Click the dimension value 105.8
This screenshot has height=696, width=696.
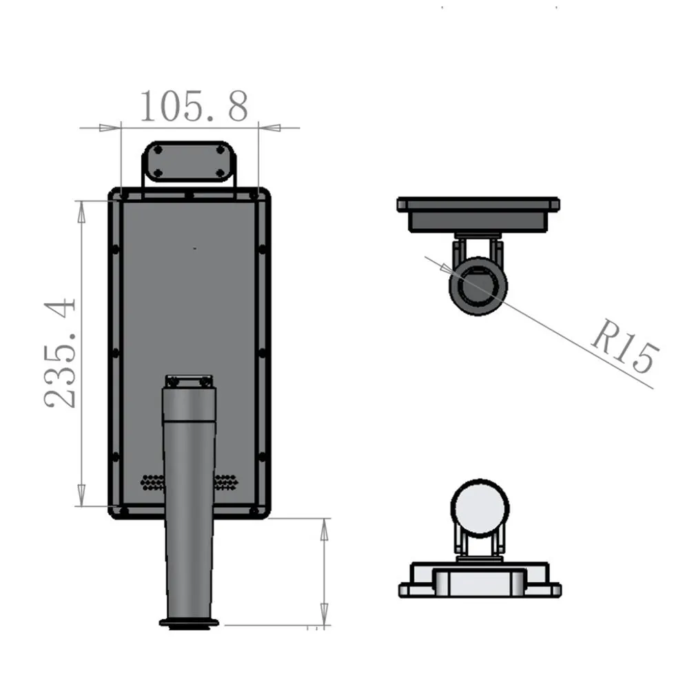pyautogui.click(x=194, y=107)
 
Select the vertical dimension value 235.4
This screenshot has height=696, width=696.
pyautogui.click(x=61, y=352)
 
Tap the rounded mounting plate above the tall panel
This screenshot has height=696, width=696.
pyautogui.click(x=190, y=161)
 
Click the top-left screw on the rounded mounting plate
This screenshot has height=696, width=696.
pyautogui.click(x=158, y=150)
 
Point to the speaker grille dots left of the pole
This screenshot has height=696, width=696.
pyautogui.click(x=152, y=482)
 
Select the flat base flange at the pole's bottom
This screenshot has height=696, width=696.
pyautogui.click(x=189, y=623)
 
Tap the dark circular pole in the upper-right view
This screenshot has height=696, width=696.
pyautogui.click(x=478, y=285)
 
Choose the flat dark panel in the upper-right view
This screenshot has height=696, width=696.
pyautogui.click(x=478, y=205)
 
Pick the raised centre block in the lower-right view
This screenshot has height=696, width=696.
pyautogui.click(x=479, y=580)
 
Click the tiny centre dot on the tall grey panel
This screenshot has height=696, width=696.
pyautogui.click(x=194, y=247)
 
